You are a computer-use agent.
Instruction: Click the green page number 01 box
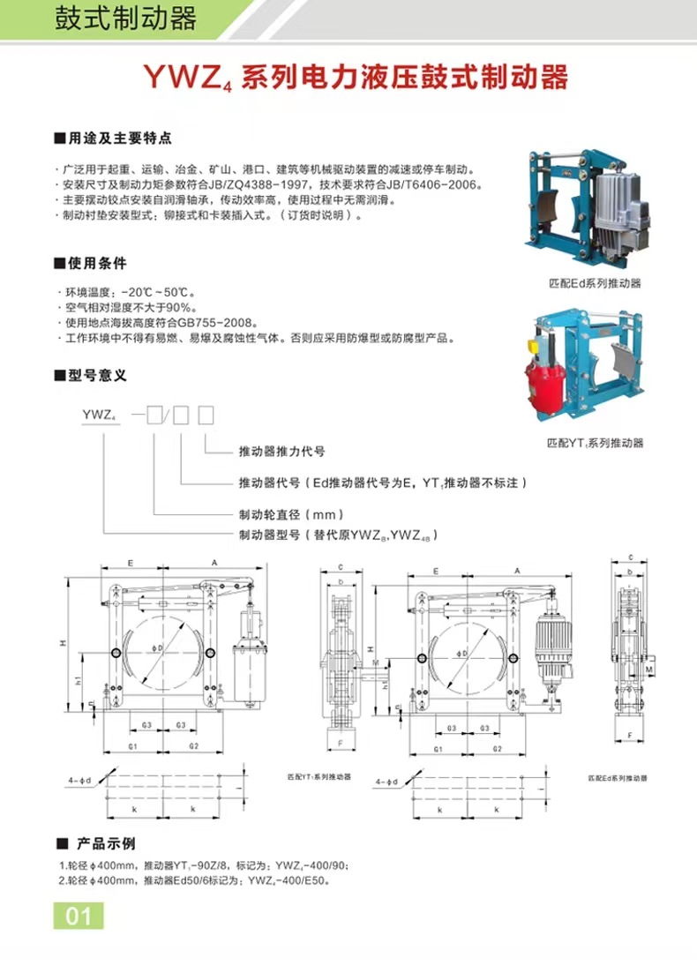79,916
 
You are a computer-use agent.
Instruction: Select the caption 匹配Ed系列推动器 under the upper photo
594,283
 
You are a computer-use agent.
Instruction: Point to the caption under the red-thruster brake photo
594,443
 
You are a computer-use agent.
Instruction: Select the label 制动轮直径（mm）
290,514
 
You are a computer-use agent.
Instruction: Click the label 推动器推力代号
282,451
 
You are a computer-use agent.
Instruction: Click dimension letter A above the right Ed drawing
516,572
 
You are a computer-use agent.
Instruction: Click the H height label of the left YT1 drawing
63,643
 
